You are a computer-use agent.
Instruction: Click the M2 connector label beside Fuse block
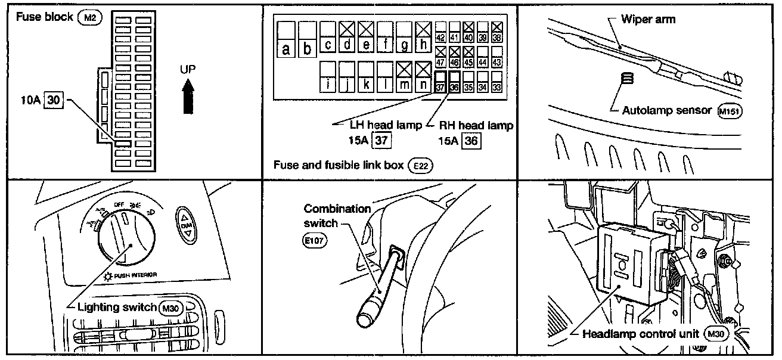[x=90, y=17]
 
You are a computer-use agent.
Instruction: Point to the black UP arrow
[x=188, y=97]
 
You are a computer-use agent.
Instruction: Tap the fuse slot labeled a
[x=287, y=39]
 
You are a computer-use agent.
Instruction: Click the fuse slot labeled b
[x=307, y=39]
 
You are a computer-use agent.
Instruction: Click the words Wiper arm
[x=648, y=19]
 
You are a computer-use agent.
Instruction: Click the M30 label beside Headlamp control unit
[x=716, y=334]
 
